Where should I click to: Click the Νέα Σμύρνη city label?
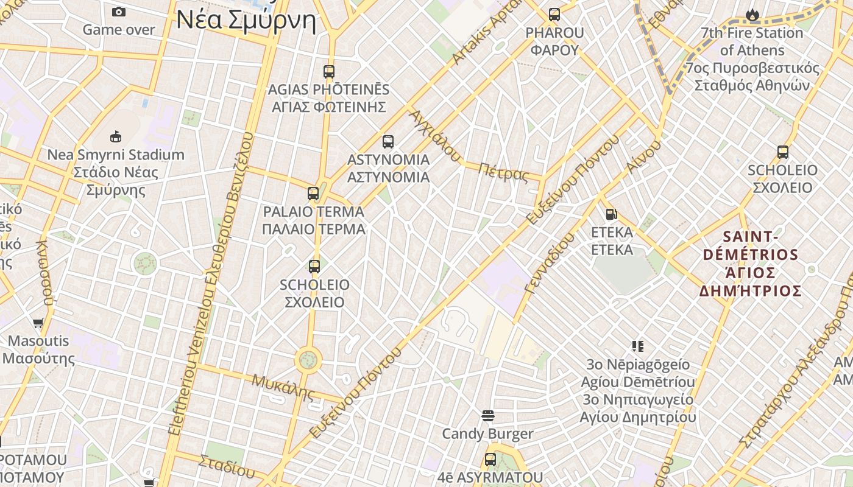coord(246,20)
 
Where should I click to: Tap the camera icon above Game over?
coord(119,12)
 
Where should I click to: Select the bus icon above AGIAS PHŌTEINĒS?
coord(329,71)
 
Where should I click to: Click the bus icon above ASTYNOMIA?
coord(388,142)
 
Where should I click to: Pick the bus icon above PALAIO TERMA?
coord(313,194)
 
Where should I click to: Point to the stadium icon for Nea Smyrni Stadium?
coord(116,136)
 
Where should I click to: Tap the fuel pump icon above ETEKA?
coord(612,214)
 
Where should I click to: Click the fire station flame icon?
coord(752,15)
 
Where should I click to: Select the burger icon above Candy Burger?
coord(487,416)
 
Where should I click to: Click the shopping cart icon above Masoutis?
coord(38,323)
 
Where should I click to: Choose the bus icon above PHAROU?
coord(554,15)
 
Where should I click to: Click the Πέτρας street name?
coord(503,173)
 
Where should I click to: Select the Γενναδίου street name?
coord(549,263)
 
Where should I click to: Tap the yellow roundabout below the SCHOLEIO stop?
coord(308,360)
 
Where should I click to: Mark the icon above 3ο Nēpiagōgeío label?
coord(638,346)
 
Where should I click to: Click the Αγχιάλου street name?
coord(434,136)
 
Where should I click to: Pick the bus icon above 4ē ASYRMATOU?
coord(490,459)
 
